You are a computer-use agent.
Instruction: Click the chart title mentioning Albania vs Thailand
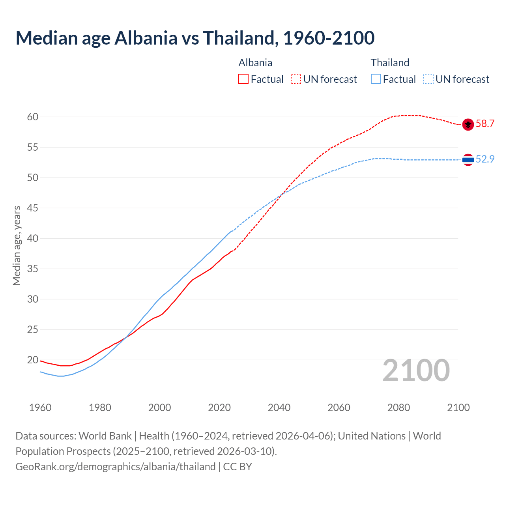tap(195, 38)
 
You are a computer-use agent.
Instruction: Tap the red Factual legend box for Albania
tap(243, 79)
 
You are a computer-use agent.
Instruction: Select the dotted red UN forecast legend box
tap(296, 79)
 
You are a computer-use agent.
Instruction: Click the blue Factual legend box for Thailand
tap(376, 79)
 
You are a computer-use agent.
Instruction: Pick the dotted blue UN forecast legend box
tap(428, 79)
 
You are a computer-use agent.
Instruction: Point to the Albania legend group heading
tap(255, 63)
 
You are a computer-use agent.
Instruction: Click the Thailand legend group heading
tap(390, 63)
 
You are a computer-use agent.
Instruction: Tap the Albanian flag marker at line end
tap(468, 124)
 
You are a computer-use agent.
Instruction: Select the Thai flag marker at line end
tap(468, 160)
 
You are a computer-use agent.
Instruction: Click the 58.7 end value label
tap(485, 123)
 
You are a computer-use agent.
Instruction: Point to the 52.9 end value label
tap(485, 159)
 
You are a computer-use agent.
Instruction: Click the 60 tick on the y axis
tap(33, 117)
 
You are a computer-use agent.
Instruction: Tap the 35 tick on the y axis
tap(33, 269)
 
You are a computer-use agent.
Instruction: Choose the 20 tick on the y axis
tap(33, 360)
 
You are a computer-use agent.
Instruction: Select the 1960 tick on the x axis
tap(40, 408)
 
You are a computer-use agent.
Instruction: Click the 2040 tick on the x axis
tap(279, 408)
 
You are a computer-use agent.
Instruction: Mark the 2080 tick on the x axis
tap(398, 408)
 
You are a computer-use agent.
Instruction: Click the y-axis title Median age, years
tap(17, 245)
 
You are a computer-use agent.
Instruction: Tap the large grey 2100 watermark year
tap(416, 370)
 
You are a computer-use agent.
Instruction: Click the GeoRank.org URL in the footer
tap(116, 467)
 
